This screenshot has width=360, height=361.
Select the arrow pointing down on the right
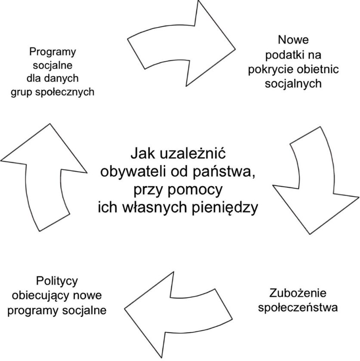coord(316,181)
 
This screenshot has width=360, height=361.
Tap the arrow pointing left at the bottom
coord(178,315)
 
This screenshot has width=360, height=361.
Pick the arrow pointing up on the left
coord(44,177)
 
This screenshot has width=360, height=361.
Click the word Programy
coord(52,52)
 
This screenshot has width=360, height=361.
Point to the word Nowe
coord(293,40)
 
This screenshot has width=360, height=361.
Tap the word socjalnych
coord(293,83)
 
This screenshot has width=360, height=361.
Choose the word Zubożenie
coord(298,293)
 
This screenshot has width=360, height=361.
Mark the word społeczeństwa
coord(298,308)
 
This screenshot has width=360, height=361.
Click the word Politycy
coord(57,281)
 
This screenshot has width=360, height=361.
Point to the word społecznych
coord(65,92)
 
